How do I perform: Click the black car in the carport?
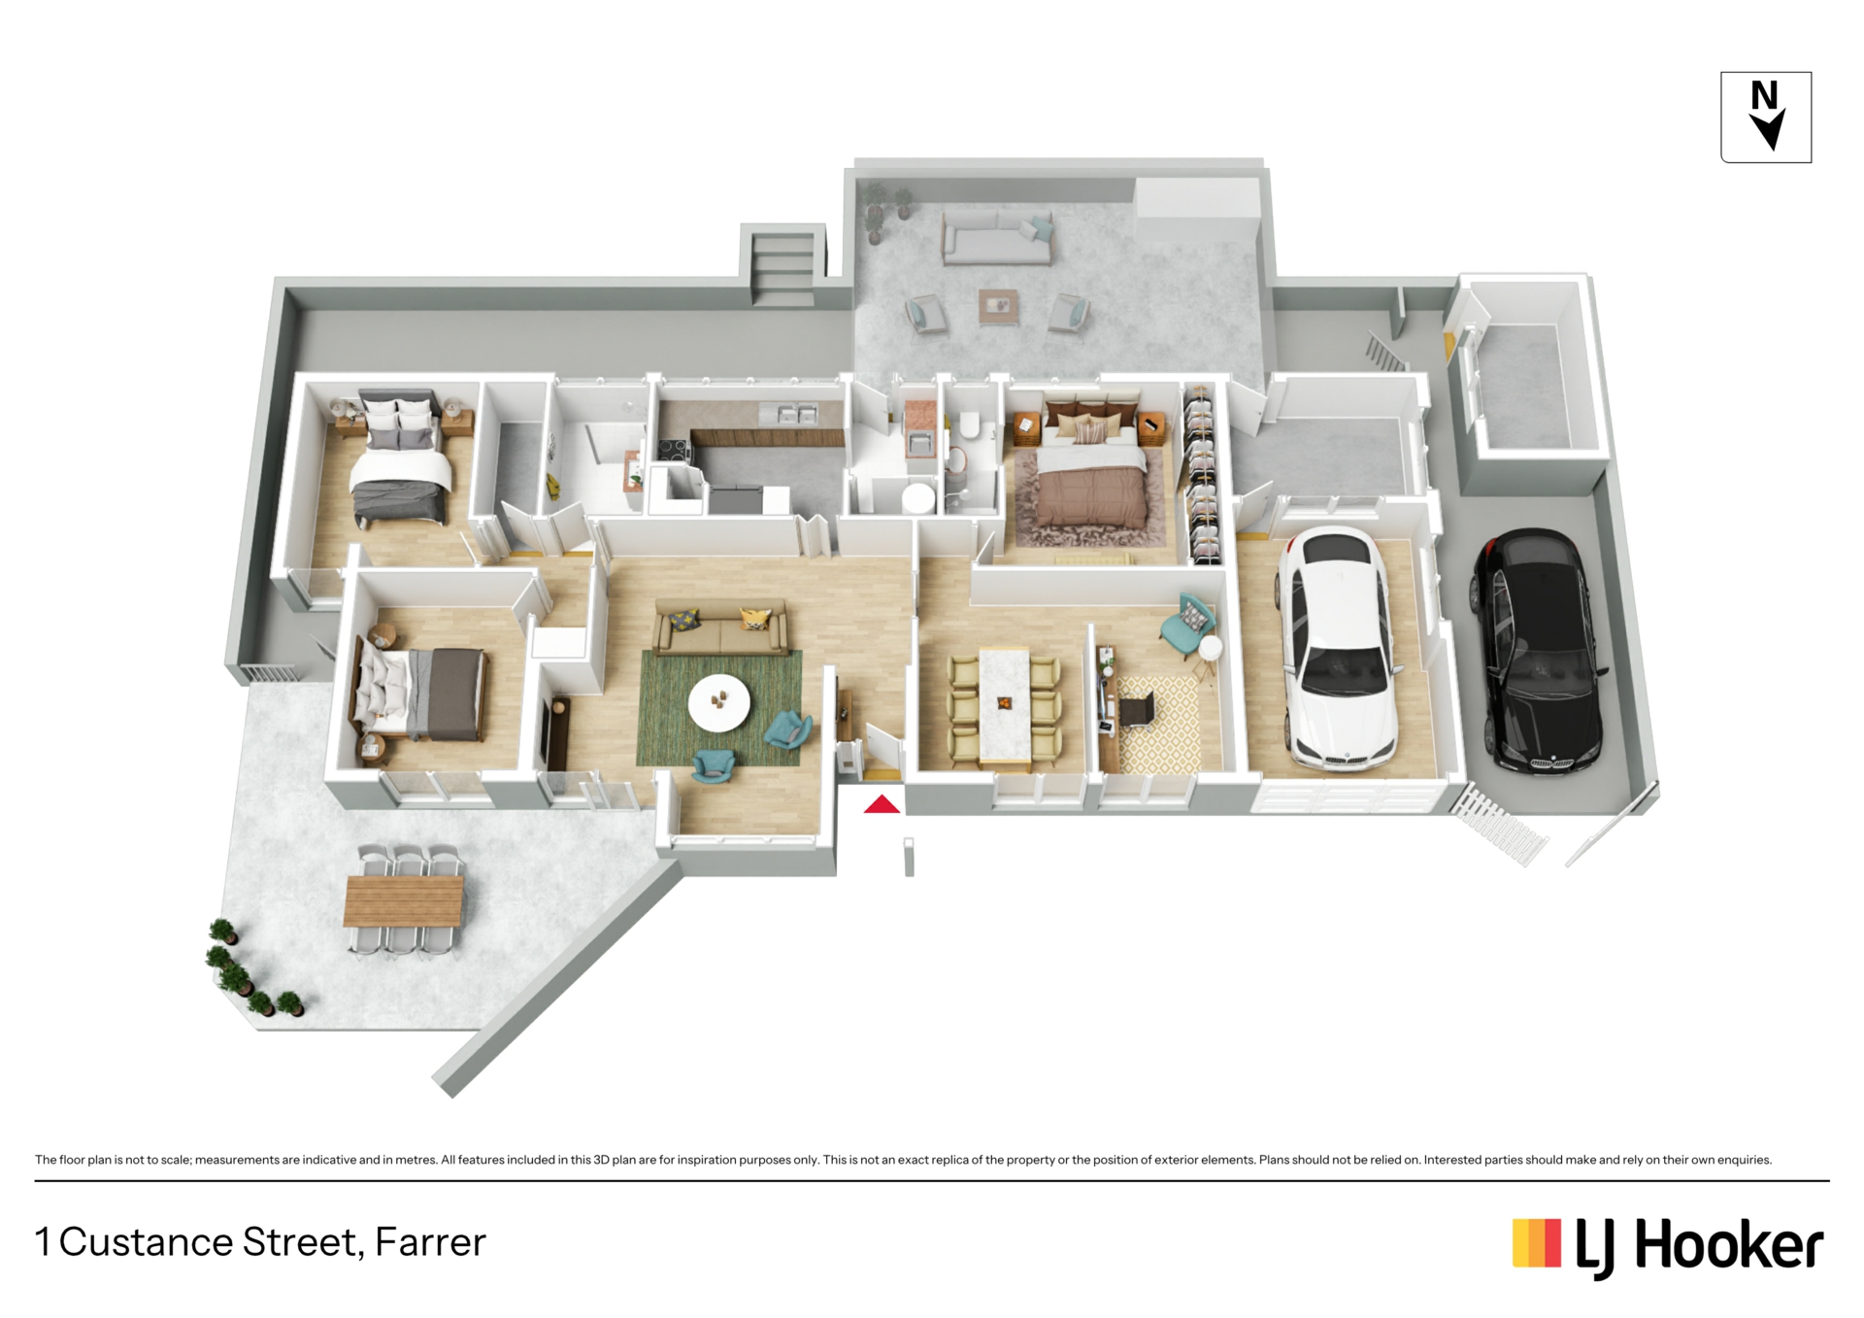coord(1537,651)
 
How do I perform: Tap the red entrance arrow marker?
coord(882,804)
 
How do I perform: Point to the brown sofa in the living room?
coord(721,627)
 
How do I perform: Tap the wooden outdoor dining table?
coord(404,901)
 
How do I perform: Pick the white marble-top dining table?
coord(1004,706)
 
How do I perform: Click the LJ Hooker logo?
coord(1668,1246)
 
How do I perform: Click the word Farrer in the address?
coord(430,1242)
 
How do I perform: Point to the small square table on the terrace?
coord(998,306)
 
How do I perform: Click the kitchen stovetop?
coord(674,450)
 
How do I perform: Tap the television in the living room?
coord(557,731)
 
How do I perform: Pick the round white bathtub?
coord(918,500)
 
